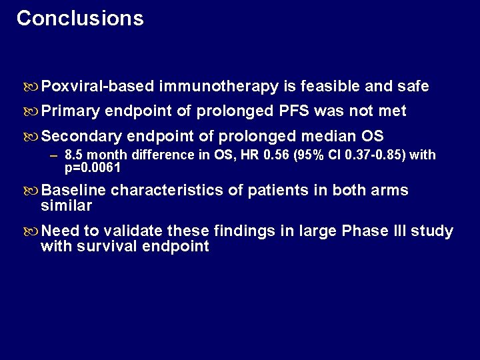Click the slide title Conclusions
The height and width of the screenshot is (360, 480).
80,18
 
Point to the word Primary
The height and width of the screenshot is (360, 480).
70,111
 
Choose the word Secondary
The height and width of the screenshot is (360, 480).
81,137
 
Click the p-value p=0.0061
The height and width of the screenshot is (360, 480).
93,167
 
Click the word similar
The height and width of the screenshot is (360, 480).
66,206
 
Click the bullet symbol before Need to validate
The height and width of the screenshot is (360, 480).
32,232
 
